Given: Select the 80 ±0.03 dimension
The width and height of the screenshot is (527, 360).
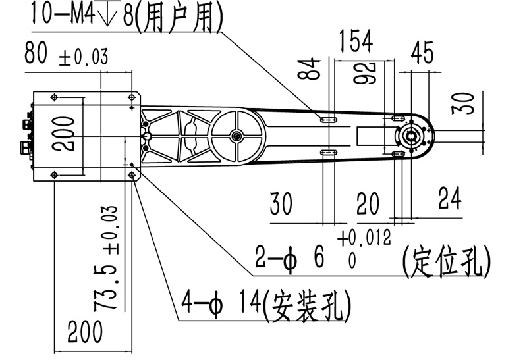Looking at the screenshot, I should coord(66,55).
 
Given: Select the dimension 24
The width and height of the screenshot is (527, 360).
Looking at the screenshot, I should coord(450,199).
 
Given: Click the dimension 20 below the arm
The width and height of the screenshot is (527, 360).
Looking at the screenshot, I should coord(368,205).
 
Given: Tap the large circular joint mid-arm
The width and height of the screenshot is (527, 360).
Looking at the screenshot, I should coord(235,136).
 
